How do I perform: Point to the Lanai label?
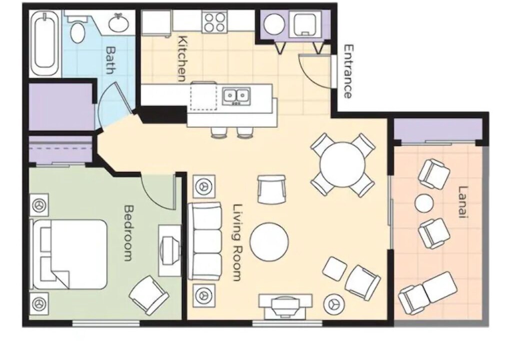point(463,201)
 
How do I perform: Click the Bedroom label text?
point(129,232)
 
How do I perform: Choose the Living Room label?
point(237,242)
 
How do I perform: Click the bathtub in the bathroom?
point(45,43)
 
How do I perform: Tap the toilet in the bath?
point(77,27)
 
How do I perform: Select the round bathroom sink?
point(118,23)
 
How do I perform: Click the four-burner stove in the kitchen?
point(214,22)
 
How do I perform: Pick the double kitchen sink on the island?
point(236,96)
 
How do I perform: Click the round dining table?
point(342,164)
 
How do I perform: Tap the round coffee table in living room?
point(269,241)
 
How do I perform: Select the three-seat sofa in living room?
point(205,241)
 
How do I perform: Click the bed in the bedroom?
point(69,254)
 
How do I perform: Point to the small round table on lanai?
point(424,203)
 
